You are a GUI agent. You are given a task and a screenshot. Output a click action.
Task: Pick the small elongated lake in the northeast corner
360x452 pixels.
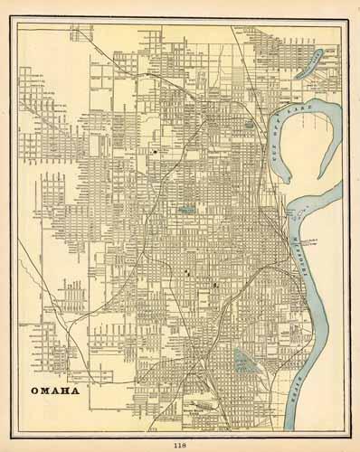pyautogui.click(x=309, y=63)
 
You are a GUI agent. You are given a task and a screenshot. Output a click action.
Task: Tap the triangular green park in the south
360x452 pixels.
pyautogui.click(x=242, y=362)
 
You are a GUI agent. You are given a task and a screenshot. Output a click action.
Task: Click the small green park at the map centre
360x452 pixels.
pyautogui.click(x=186, y=210)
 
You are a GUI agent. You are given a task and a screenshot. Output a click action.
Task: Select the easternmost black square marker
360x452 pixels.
pyautogui.click(x=214, y=286)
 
